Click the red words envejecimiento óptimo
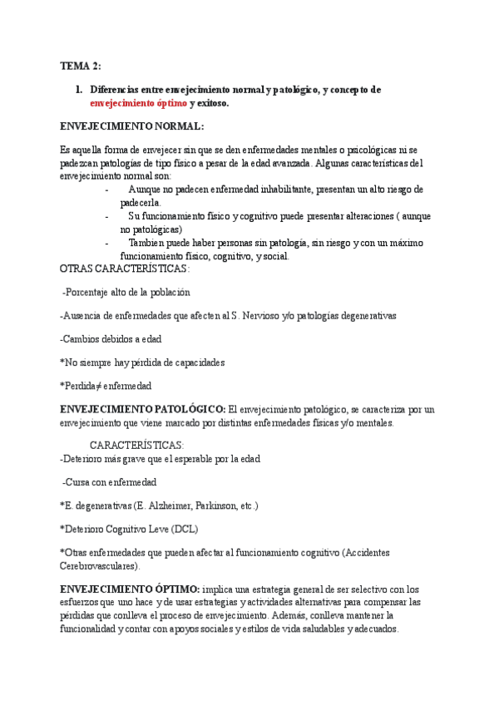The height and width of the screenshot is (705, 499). tap(139, 103)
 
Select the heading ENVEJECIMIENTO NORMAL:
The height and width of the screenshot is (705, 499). tap(131, 126)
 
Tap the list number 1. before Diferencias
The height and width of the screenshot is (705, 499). tap(79, 89)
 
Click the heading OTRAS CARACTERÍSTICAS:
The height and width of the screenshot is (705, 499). tap(126, 269)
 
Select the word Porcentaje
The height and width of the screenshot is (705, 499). tap(92, 292)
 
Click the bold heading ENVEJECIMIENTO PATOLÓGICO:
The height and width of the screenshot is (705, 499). tap(143, 410)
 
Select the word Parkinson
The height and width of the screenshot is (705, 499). tap(217, 505)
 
